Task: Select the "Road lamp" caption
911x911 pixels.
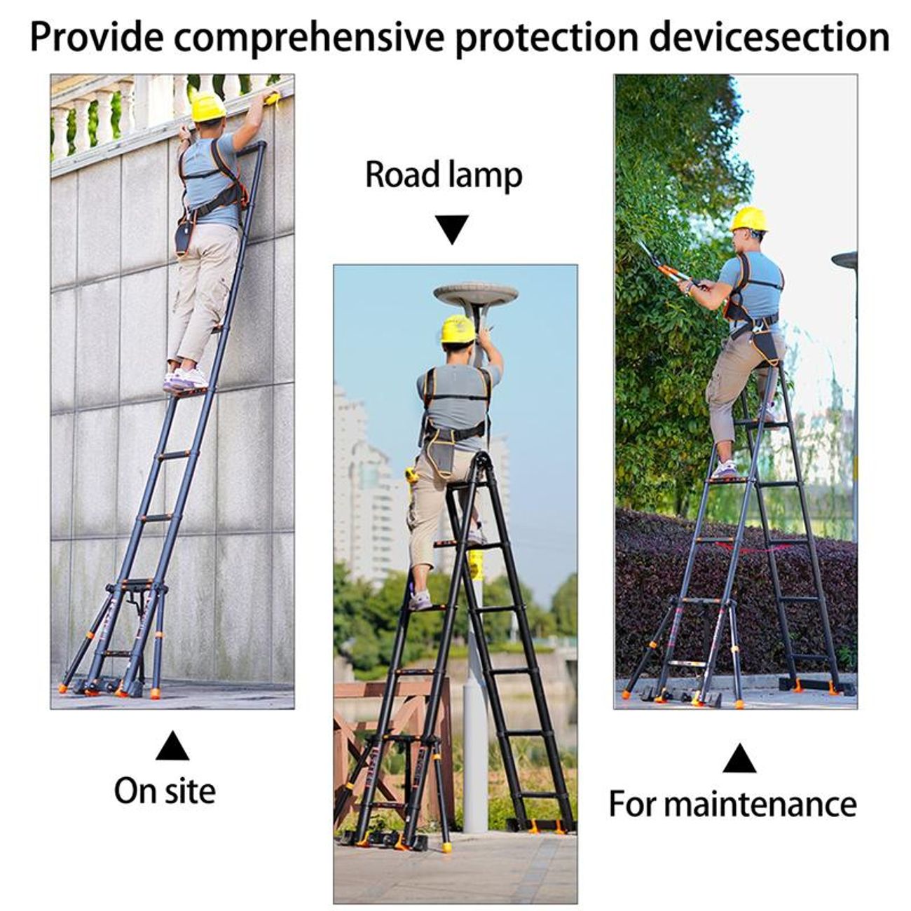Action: (x=444, y=176)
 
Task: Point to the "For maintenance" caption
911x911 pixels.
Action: (x=732, y=803)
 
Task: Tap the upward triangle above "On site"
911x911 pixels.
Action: (x=172, y=746)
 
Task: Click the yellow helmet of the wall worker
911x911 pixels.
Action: (x=208, y=107)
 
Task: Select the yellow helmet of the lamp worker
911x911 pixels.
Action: (x=458, y=329)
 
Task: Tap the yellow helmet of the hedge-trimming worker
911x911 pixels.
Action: (x=749, y=219)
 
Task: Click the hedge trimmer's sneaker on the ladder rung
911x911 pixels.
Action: (x=724, y=470)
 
